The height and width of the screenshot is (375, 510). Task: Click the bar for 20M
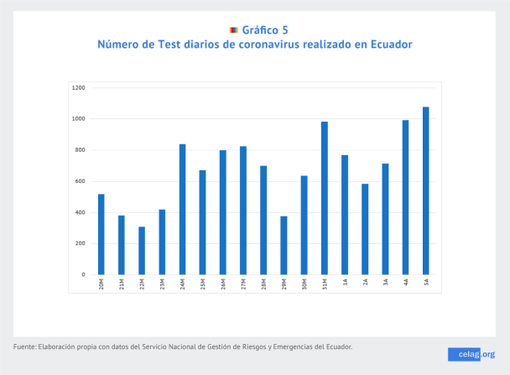[101, 234]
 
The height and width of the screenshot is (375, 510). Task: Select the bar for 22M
[142, 251]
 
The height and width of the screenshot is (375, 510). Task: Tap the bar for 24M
[182, 209]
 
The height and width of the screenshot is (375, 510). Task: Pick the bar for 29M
[284, 245]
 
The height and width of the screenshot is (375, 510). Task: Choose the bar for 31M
[325, 198]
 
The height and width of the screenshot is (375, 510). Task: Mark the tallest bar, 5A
[426, 190]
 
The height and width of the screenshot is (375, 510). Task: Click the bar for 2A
[365, 229]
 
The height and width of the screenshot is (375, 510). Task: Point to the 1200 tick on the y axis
[79, 87]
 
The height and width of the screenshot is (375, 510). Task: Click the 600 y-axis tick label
[80, 181]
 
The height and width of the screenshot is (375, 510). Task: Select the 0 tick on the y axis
[83, 274]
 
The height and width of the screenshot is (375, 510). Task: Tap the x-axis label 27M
[243, 285]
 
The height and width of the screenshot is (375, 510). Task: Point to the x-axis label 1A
[345, 284]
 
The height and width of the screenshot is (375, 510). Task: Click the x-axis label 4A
[406, 284]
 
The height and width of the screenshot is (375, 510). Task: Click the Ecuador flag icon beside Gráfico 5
[233, 29]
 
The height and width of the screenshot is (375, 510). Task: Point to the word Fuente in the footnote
[27, 346]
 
